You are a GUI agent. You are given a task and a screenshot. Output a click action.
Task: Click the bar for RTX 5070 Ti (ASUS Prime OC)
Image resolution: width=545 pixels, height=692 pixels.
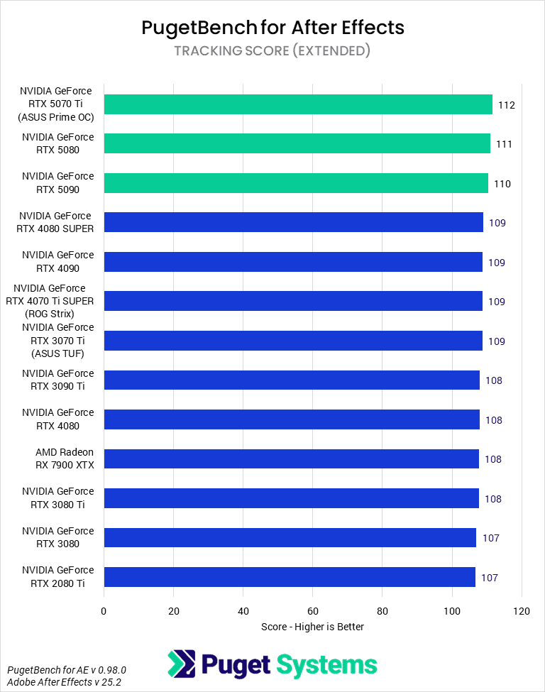[x=298, y=104]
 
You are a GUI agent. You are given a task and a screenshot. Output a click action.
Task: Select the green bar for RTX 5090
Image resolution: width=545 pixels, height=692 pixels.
[x=296, y=183]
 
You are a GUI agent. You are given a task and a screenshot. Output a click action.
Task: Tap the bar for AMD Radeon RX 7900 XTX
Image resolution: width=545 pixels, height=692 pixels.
[x=291, y=459]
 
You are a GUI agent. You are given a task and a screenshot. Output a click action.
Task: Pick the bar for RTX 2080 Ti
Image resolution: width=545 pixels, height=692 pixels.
[x=290, y=577]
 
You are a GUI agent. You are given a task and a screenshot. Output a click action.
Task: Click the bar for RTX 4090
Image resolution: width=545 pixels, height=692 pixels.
[x=293, y=262]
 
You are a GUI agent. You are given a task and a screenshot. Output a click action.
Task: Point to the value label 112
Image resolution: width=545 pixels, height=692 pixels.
[x=506, y=105]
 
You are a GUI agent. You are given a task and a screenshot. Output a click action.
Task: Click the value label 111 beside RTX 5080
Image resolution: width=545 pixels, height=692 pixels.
[x=504, y=144]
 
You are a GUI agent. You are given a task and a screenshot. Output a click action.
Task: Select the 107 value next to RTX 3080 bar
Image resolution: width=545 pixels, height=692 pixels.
[x=490, y=538]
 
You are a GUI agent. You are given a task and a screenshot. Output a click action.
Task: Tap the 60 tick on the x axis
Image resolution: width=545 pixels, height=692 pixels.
[x=313, y=610]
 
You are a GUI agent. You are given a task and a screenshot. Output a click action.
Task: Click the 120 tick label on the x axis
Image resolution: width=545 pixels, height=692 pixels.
[x=522, y=610]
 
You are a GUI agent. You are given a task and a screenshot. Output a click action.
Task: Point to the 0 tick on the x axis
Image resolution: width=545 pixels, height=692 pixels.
[x=104, y=610]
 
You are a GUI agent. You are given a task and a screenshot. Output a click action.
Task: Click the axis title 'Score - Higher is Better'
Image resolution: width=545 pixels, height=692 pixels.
[x=312, y=627]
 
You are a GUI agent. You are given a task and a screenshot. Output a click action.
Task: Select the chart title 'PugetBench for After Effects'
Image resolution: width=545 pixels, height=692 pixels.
[x=272, y=28]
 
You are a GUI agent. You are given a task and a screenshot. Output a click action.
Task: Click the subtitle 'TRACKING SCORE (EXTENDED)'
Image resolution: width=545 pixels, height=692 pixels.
[x=272, y=50]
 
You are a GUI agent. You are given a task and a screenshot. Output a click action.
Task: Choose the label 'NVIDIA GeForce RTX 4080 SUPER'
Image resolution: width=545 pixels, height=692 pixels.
[x=55, y=222]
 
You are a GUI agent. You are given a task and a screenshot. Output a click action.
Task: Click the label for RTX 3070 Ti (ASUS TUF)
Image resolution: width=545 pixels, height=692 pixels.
[x=55, y=341]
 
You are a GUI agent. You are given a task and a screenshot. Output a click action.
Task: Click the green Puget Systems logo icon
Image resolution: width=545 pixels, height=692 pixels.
[x=181, y=664]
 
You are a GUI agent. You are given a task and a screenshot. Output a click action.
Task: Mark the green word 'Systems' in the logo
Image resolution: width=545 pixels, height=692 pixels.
[x=326, y=665]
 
